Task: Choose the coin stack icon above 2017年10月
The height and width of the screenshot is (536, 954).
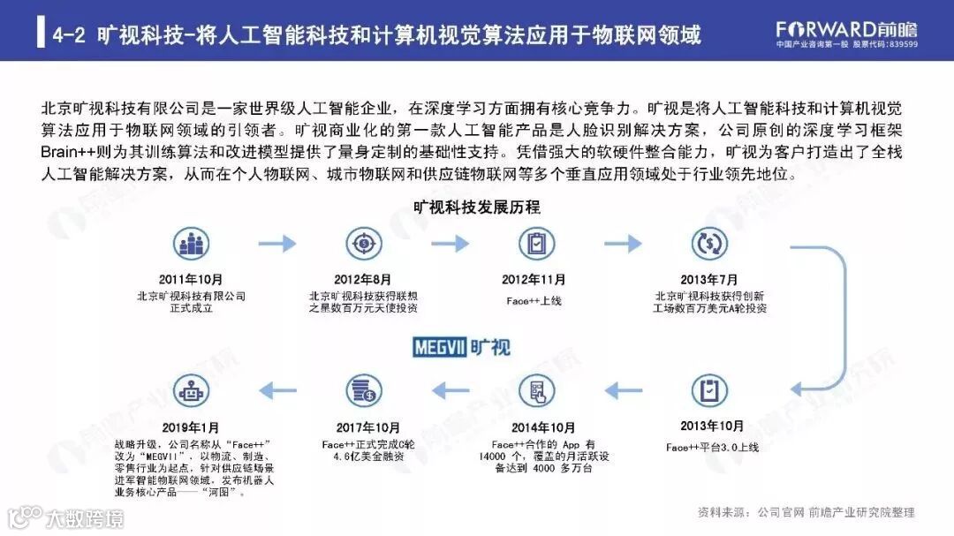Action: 363,389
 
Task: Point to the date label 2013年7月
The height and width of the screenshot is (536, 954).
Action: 709,280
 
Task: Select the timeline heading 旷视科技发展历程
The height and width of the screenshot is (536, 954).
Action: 477,208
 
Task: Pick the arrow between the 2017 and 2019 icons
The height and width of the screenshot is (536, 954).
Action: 277,389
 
